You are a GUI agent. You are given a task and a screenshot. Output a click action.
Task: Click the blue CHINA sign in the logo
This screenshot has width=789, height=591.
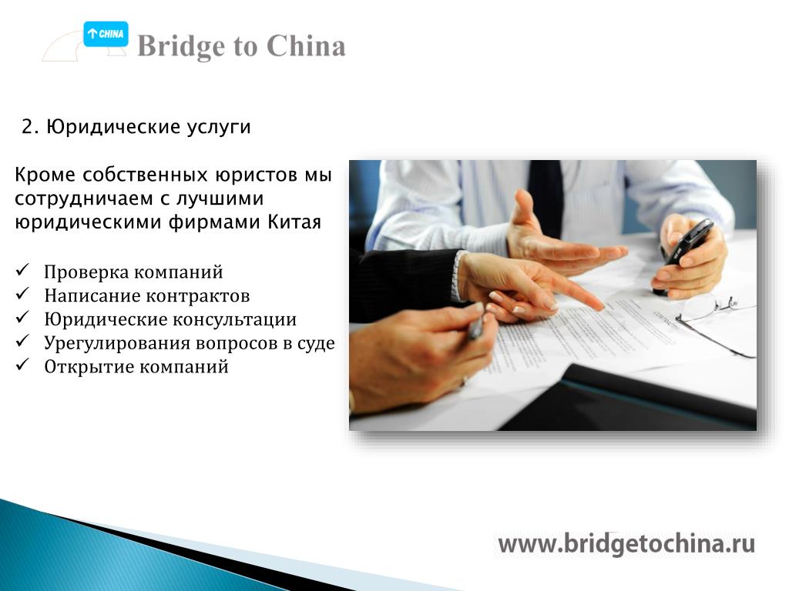(106, 34)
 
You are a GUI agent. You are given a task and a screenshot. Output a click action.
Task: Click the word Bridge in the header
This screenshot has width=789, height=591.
(182, 47)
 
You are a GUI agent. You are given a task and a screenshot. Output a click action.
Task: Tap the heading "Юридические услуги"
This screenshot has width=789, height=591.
(149, 127)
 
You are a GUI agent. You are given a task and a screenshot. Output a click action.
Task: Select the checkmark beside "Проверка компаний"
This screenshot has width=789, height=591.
(22, 270)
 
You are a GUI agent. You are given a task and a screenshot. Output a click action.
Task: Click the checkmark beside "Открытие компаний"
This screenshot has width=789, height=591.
(22, 365)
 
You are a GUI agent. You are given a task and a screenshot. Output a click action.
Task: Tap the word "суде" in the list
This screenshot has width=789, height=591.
(315, 343)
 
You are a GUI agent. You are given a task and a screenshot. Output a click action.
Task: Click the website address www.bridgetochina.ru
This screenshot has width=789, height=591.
(626, 544)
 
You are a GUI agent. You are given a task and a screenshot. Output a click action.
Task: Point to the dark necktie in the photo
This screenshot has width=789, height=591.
(546, 197)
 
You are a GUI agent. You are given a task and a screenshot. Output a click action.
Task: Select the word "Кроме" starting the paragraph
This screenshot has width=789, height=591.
(45, 175)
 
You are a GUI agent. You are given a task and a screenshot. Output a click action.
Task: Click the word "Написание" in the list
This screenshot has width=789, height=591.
(86, 296)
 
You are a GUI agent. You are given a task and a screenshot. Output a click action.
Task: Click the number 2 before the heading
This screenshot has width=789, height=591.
(28, 127)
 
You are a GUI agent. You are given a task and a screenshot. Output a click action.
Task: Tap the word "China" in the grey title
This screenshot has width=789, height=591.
(306, 46)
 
